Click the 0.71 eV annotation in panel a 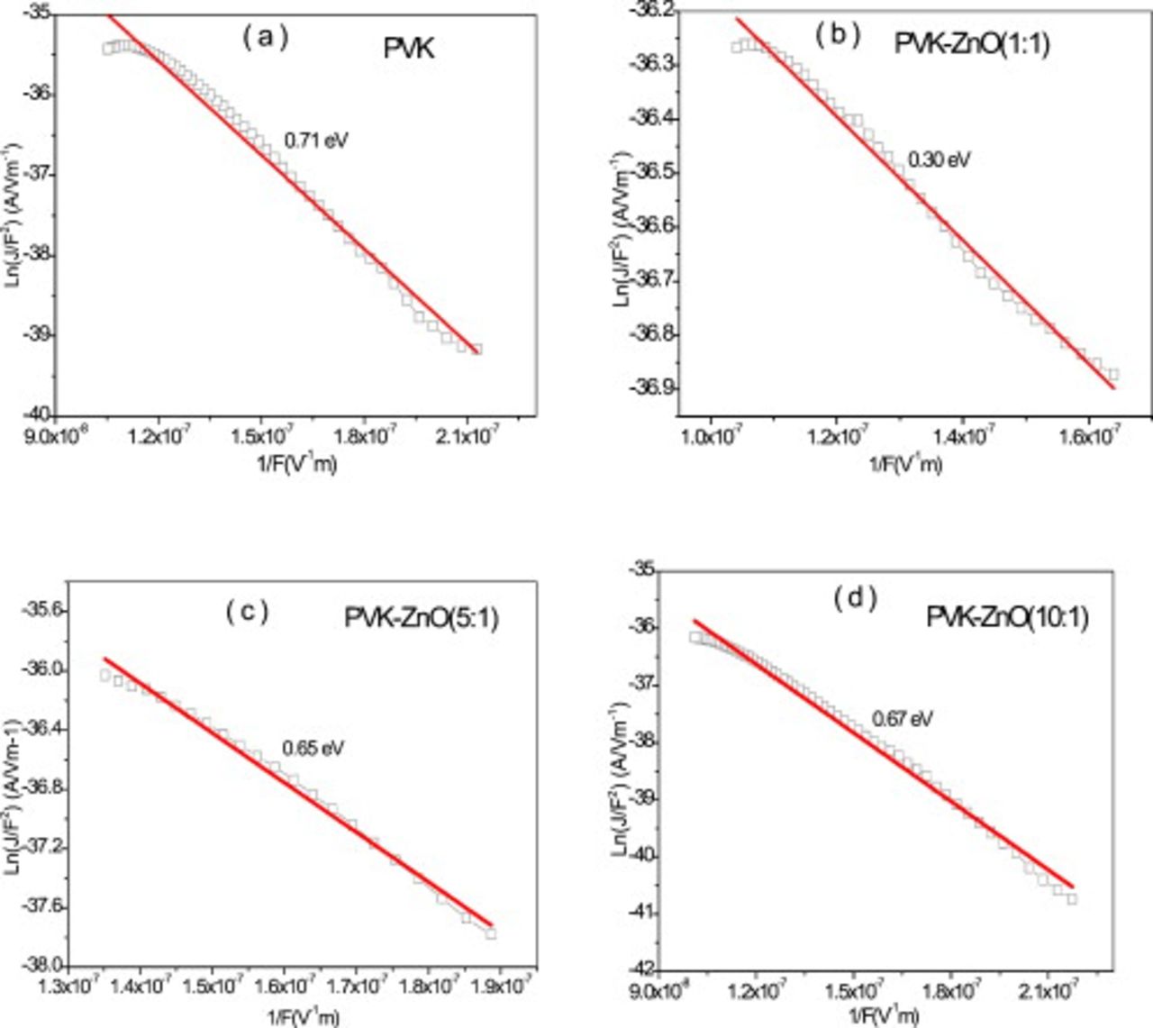click(x=316, y=141)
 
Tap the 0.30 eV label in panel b click(x=939, y=160)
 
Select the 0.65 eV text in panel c click(x=313, y=748)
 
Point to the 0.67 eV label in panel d click(x=902, y=719)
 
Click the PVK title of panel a click(x=408, y=49)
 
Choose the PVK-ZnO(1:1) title click(x=972, y=43)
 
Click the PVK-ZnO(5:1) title click(x=421, y=619)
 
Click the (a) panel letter click(x=264, y=37)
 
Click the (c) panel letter click(x=247, y=612)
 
